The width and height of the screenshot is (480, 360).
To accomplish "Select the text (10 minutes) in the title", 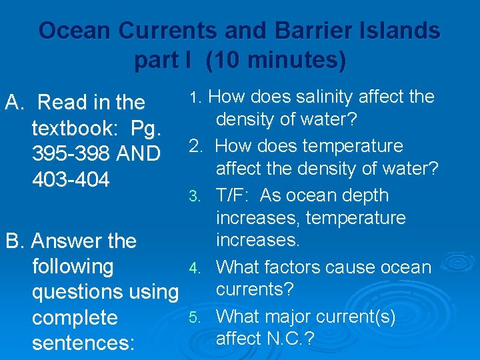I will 276,61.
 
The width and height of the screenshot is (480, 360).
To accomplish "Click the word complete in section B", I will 75,317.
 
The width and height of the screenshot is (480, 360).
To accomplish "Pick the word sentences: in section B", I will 83,343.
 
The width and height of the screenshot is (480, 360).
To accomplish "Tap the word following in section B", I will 73,267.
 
